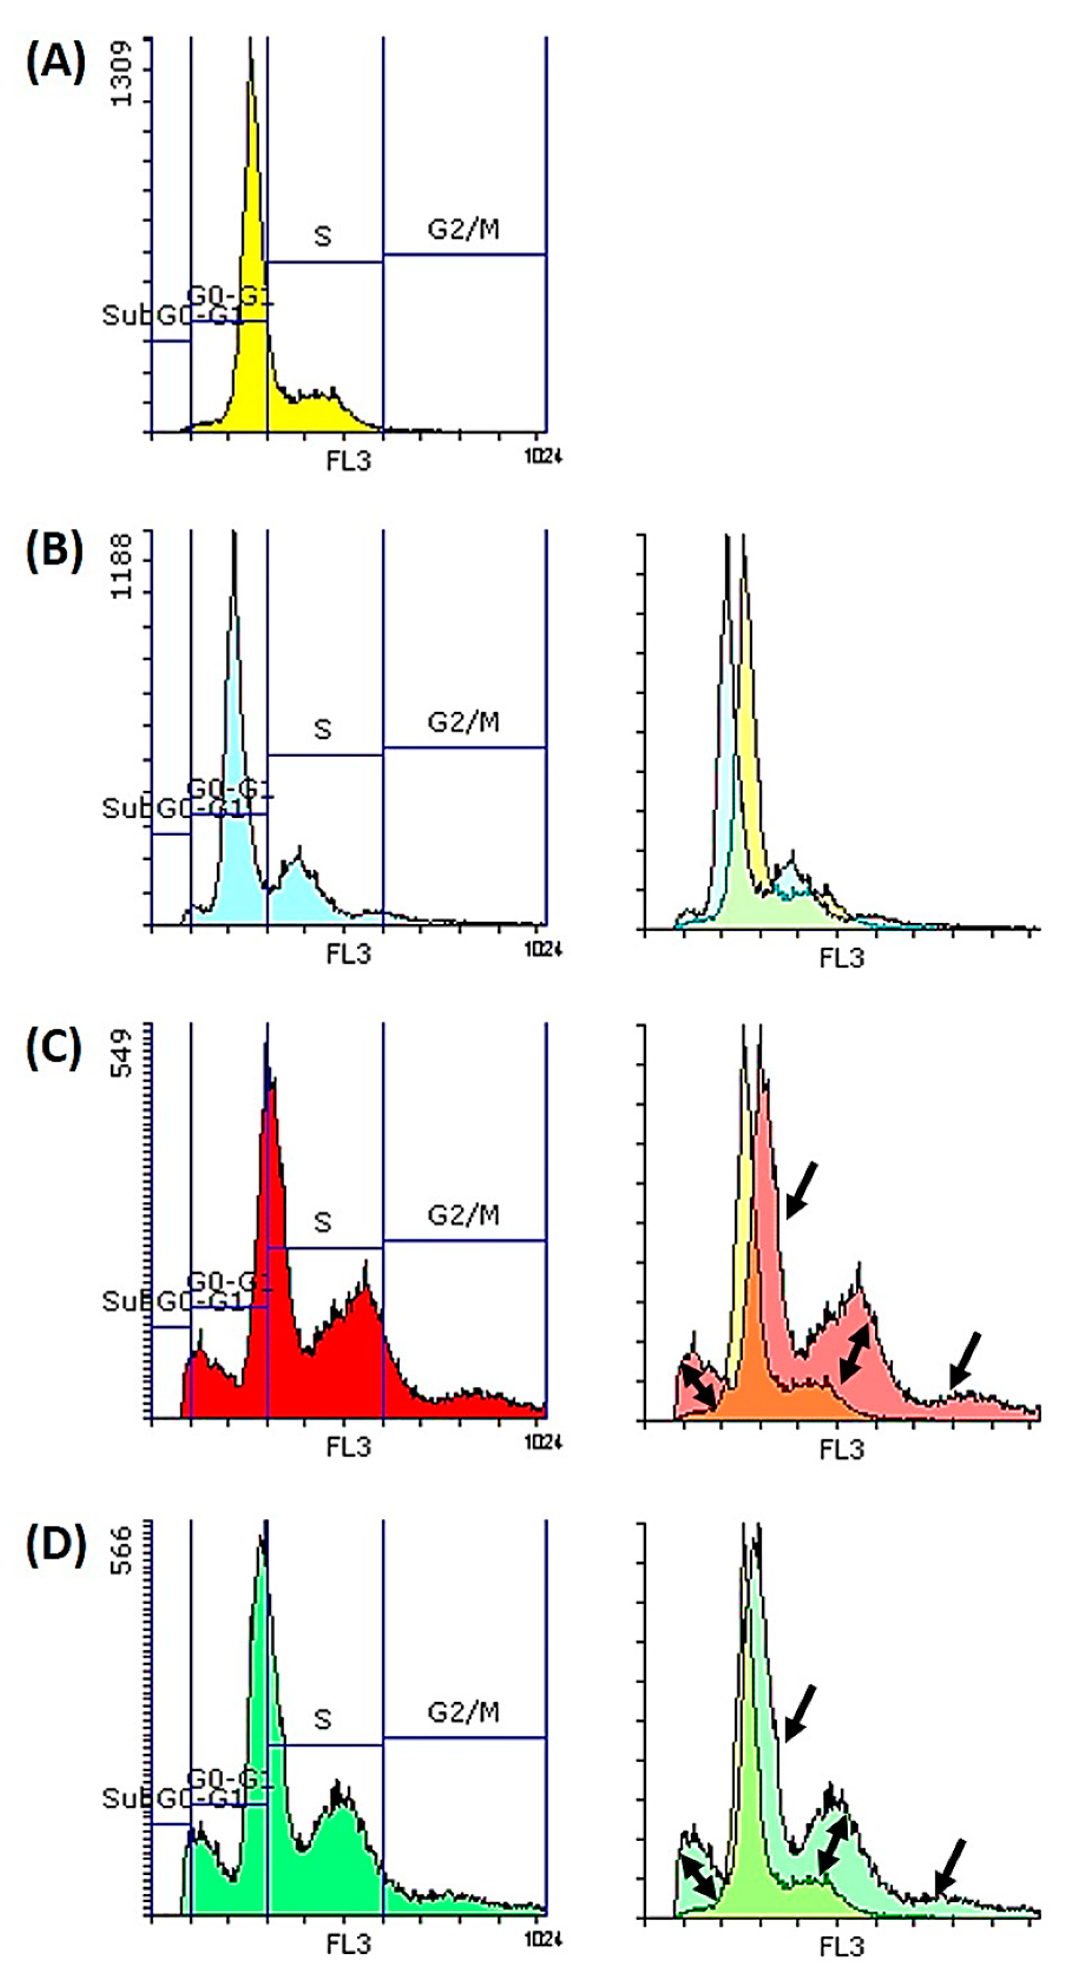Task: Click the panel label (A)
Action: coord(55,63)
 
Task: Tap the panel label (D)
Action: coord(55,1544)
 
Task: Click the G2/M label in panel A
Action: coord(463,229)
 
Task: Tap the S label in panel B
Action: coord(323,728)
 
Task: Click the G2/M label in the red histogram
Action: coord(463,1215)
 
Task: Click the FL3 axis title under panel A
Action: coord(349,461)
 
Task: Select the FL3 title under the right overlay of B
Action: coord(842,957)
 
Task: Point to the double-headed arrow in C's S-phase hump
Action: coord(855,1353)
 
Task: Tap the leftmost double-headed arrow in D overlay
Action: coord(699,1876)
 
